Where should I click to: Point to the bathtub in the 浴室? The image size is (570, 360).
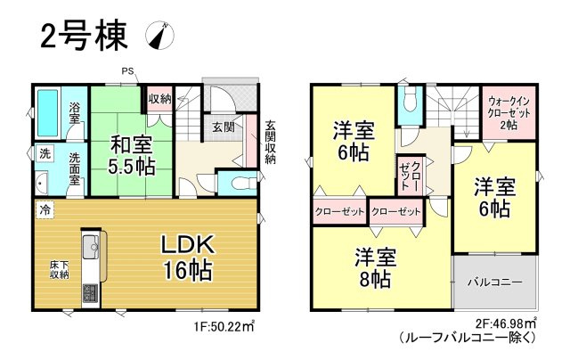click(x=49, y=112)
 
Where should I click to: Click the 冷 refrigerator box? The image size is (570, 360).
click(x=45, y=211)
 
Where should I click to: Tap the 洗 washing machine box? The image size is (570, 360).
click(x=45, y=153)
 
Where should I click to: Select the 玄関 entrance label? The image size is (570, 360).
click(x=223, y=127)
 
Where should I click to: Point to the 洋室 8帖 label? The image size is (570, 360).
click(x=372, y=267)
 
